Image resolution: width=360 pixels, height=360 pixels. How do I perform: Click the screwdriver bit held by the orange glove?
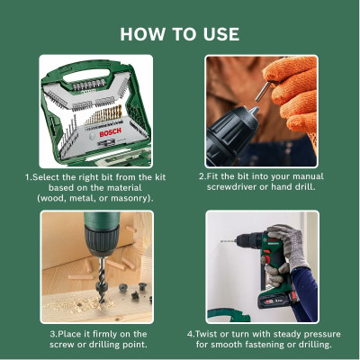click(267, 94)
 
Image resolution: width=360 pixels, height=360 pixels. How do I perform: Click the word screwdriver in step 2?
click(244, 186)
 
